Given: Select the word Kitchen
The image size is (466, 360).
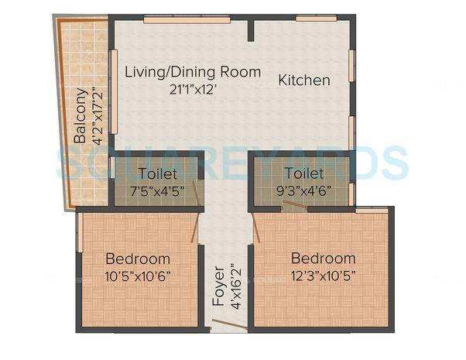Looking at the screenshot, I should tap(304, 80).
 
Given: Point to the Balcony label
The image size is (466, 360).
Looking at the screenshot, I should tap(80, 117).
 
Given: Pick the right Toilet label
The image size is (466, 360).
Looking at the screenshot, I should tap(303, 173).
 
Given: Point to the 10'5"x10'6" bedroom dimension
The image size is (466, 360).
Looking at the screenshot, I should tap(138, 276).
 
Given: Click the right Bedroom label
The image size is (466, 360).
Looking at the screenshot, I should tap(324, 259).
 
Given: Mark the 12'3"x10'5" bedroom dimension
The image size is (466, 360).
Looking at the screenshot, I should tap(324, 276).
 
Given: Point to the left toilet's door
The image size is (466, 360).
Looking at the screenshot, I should tap(199, 193).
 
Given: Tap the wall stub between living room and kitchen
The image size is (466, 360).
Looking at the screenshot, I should tap(250, 29).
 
